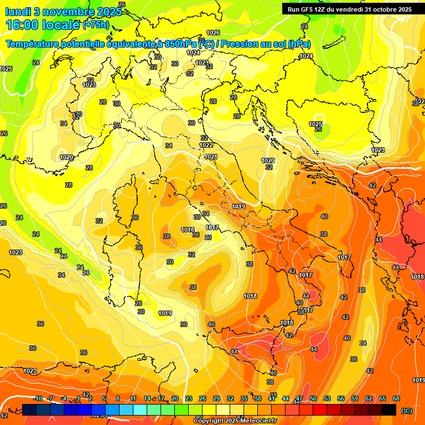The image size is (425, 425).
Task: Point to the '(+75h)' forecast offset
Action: [x=96, y=25]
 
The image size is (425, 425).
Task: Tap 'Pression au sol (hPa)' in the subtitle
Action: [x=266, y=44]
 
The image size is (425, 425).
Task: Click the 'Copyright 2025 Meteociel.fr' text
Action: [x=235, y=421]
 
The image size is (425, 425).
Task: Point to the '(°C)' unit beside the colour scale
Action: [x=406, y=411]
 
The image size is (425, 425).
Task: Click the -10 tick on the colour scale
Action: [x=38, y=399]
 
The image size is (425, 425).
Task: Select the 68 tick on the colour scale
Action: [x=396, y=399]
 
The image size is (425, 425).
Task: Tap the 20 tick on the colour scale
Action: [x=175, y=399]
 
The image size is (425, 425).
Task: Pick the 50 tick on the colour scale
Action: [x=313, y=399]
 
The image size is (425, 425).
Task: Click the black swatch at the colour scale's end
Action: [x=389, y=410]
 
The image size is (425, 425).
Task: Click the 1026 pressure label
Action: [x=213, y=33]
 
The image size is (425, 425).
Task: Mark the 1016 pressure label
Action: [x=188, y=230]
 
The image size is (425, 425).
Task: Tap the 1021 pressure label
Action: [x=211, y=157]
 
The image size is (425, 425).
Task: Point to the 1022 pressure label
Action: [x=206, y=145]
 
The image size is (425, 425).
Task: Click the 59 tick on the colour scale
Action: [x=355, y=399]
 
